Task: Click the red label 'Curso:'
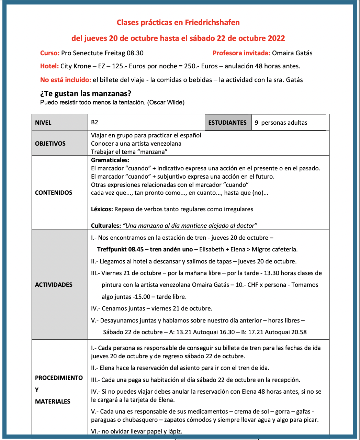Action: pos(50,53)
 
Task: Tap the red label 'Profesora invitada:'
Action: pos(241,53)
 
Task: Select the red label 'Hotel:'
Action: pos(49,66)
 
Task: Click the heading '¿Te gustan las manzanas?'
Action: pos(86,93)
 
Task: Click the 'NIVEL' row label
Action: pos(43,123)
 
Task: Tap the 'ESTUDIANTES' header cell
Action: pos(227,123)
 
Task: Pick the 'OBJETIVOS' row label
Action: pos(50,144)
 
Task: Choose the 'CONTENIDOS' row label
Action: pos(54,193)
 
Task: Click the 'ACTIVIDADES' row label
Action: pos(54,285)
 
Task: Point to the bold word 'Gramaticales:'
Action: pos(110,160)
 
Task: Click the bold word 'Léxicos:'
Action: pos(102,209)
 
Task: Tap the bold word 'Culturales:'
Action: pos(106,226)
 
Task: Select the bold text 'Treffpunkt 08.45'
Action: pos(120,249)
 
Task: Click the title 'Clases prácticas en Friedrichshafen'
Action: pos(178,23)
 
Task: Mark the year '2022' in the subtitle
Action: pos(277,38)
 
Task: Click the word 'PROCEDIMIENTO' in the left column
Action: pos(59,378)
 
